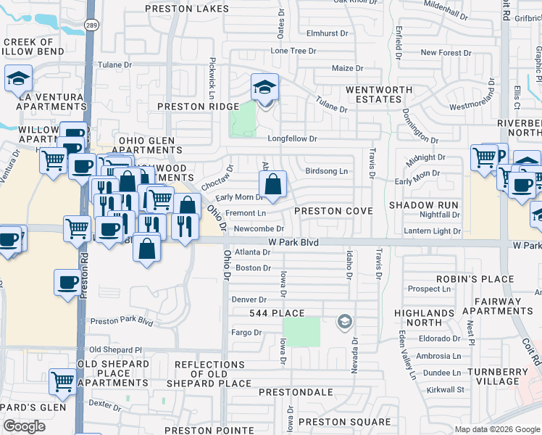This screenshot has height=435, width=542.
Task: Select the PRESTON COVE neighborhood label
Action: (333, 211)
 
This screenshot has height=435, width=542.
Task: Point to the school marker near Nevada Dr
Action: (346, 321)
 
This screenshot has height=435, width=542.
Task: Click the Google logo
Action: (24, 426)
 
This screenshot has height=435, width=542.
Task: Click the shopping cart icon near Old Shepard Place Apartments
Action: (63, 380)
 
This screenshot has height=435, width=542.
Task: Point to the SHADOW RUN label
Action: (424, 205)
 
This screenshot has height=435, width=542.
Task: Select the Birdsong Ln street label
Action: (327, 171)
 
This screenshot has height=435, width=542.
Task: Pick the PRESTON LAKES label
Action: (187, 9)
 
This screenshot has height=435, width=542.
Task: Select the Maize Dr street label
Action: (346, 68)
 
